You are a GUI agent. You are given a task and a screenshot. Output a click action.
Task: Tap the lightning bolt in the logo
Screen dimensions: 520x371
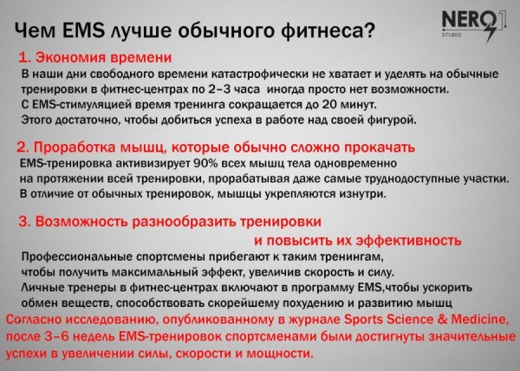point(492,32)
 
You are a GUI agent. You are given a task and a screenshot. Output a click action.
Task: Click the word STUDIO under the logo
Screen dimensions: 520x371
point(451,34)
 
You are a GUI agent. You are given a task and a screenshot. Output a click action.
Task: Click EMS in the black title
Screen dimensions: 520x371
point(83,30)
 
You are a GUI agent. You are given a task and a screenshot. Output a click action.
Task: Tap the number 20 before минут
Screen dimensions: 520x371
point(329,104)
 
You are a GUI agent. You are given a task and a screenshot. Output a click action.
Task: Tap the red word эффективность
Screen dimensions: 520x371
point(408,240)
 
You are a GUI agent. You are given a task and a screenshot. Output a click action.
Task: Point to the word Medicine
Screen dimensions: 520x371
point(479,320)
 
